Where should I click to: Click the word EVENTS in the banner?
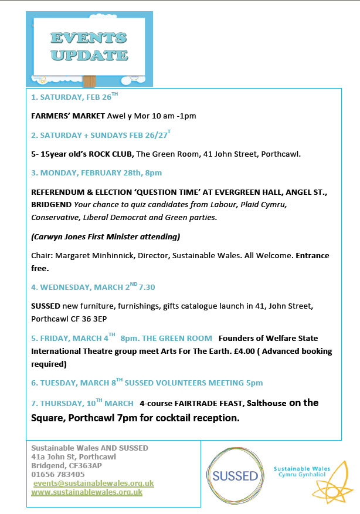tap(88, 38)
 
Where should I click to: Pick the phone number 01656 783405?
tap(57, 474)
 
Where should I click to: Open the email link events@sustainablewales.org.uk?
tap(93, 483)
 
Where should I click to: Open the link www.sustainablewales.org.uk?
tap(87, 492)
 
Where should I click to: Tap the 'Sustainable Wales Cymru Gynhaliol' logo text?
tap(301, 472)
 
